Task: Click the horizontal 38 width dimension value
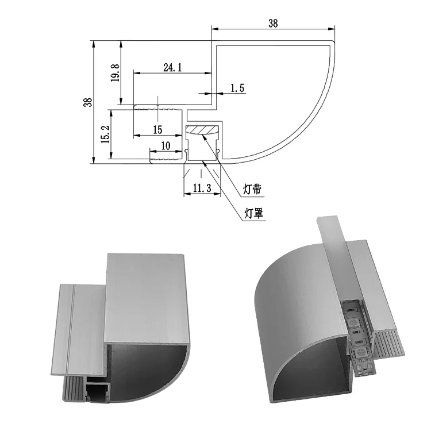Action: coord(273,24)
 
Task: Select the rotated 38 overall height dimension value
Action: coord(88,102)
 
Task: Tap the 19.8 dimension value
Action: coord(116,73)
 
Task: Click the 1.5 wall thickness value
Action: coord(237,88)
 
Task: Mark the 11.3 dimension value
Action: coord(202,188)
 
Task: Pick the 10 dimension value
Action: coord(166,146)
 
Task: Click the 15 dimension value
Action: coord(158,129)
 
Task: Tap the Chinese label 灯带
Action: coord(253,188)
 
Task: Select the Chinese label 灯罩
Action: coord(253,214)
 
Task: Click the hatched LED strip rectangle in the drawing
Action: coord(203,130)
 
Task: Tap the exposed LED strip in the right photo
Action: coord(355,333)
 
